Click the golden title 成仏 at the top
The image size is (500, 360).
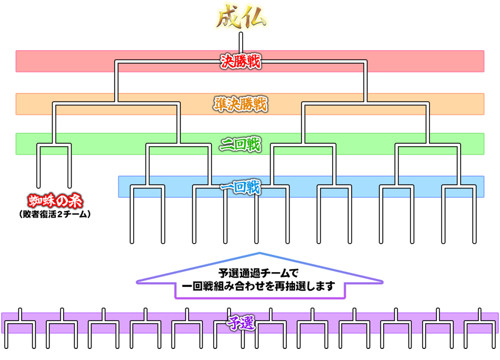coord(242,18)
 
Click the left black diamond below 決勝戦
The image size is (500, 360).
coord(116,83)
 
